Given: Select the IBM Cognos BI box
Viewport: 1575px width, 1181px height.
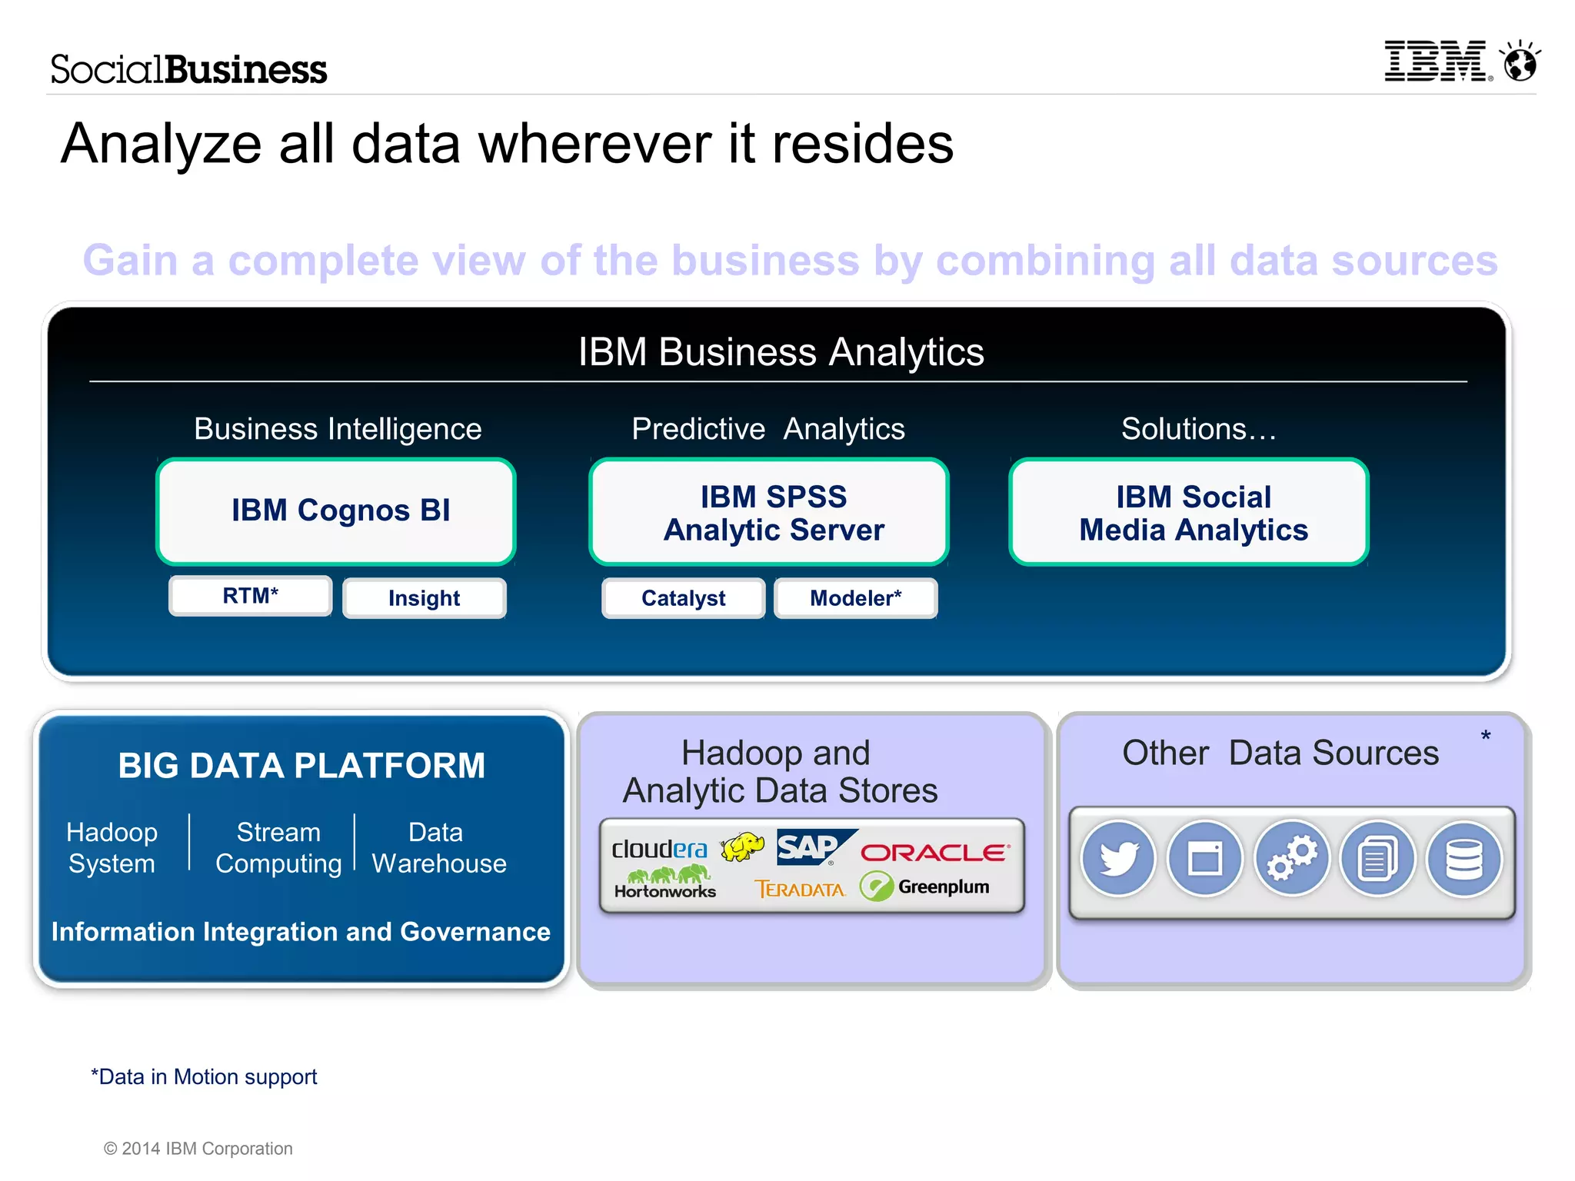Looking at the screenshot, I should [336, 511].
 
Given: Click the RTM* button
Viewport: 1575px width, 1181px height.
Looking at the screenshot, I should [251, 596].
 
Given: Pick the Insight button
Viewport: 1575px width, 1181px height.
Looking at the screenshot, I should [424, 598].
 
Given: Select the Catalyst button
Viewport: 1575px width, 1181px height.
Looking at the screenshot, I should [683, 598].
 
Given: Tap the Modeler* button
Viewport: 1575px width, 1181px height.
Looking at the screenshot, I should [855, 598].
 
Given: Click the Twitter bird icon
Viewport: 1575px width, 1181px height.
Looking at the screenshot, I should [1118, 858].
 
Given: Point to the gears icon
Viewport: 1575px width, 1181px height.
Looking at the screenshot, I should [1292, 858].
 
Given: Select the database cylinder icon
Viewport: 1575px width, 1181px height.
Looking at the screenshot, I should [1464, 858].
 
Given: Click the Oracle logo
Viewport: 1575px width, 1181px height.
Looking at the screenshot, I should [934, 852].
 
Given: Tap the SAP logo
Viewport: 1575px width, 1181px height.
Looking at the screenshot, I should [812, 847].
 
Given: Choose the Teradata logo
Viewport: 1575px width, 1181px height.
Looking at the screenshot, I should [800, 890].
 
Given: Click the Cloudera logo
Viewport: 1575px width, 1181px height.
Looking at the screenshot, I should [659, 849].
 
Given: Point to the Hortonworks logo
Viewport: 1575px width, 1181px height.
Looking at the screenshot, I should [666, 884].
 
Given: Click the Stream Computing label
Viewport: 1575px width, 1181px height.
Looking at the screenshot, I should [278, 847].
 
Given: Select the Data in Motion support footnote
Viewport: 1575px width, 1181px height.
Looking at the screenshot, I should [204, 1076].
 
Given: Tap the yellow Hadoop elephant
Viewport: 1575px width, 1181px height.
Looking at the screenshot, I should [743, 847].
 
